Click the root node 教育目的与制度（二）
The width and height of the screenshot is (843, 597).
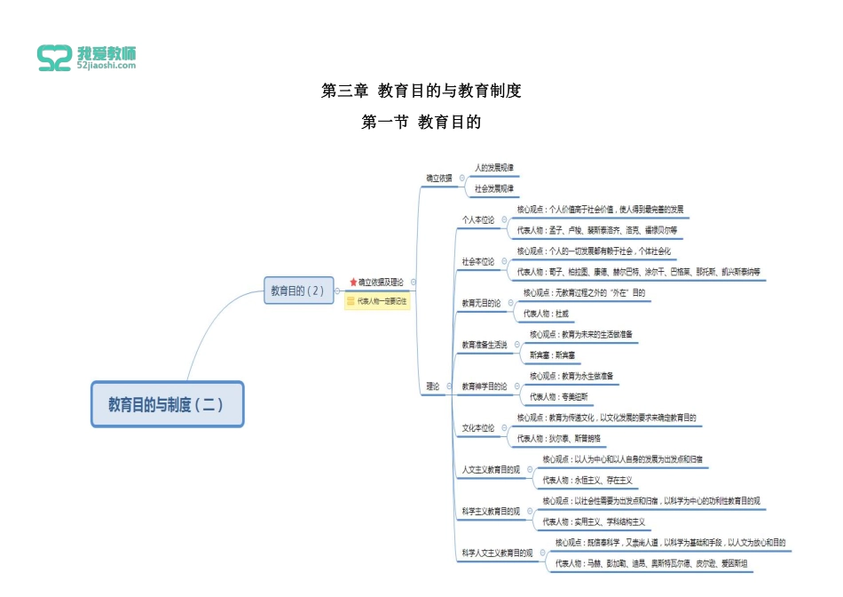167,404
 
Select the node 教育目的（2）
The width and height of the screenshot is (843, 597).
297,291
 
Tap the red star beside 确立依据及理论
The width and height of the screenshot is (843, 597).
353,282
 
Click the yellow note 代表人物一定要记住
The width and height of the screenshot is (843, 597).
377,301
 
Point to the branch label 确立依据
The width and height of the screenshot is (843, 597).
438,178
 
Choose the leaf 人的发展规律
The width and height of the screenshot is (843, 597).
494,167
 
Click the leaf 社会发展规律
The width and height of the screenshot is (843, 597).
494,188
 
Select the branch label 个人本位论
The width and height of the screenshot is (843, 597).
477,219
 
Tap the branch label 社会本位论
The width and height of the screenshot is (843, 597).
477,261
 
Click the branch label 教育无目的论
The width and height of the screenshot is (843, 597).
482,303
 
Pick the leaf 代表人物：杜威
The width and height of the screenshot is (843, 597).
546,314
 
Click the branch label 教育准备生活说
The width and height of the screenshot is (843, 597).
485,345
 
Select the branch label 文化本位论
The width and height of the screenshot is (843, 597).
477,427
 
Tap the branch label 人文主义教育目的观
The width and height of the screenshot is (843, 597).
491,469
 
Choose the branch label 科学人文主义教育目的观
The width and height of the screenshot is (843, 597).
497,553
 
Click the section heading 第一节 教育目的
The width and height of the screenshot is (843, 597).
421,123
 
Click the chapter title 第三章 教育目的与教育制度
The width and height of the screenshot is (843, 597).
421,91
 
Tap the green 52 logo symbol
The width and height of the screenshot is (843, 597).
55,59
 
